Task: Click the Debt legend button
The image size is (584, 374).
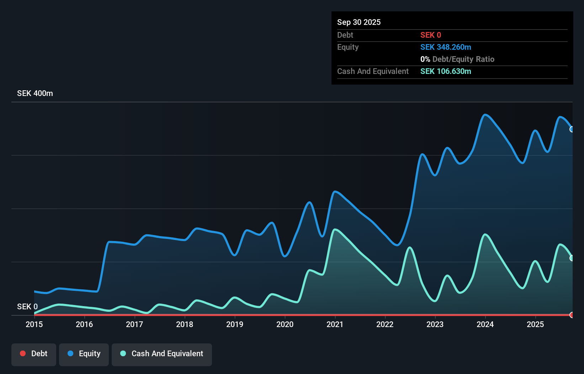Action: [x=34, y=354]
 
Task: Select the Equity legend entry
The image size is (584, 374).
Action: [x=84, y=354]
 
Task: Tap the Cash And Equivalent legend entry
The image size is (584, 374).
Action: [x=162, y=354]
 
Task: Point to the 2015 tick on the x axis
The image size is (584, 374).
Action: [x=34, y=324]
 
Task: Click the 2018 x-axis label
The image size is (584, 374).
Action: [x=185, y=324]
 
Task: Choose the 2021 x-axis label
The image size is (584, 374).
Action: [x=335, y=324]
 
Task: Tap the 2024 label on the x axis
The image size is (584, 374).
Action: [x=485, y=324]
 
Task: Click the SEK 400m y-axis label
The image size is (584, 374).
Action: [x=35, y=93]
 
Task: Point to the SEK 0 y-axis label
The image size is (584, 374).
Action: [x=27, y=306]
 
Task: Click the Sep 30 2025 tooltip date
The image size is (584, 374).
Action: [x=359, y=22]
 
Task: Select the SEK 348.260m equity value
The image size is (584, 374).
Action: [x=446, y=47]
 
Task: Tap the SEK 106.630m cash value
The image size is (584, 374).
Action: [x=446, y=71]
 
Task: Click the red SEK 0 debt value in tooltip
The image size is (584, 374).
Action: [x=431, y=35]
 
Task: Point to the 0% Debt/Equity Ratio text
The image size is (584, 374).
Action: [x=457, y=59]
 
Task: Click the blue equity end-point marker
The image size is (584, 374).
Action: [x=572, y=129]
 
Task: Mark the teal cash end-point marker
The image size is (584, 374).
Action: [x=572, y=258]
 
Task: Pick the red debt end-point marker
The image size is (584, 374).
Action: [x=572, y=315]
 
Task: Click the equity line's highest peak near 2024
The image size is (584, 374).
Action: [x=485, y=115]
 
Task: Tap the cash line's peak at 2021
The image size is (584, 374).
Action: [x=335, y=230]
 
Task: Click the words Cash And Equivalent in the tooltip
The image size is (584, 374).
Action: [x=373, y=71]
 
